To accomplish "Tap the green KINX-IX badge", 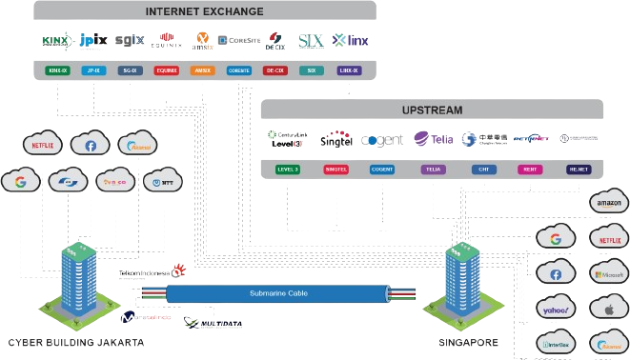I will click(58, 70).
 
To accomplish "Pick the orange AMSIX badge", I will click(202, 70).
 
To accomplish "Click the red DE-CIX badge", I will click(274, 70).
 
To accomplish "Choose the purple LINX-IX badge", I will click(349, 70).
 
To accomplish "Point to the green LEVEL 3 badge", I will click(287, 170).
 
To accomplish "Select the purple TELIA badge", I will click(433, 170).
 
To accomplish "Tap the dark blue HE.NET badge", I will click(578, 170).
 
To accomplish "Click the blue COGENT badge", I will click(383, 170).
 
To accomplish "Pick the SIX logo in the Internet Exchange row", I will click(311, 41).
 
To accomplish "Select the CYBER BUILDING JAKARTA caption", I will click(76, 342).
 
